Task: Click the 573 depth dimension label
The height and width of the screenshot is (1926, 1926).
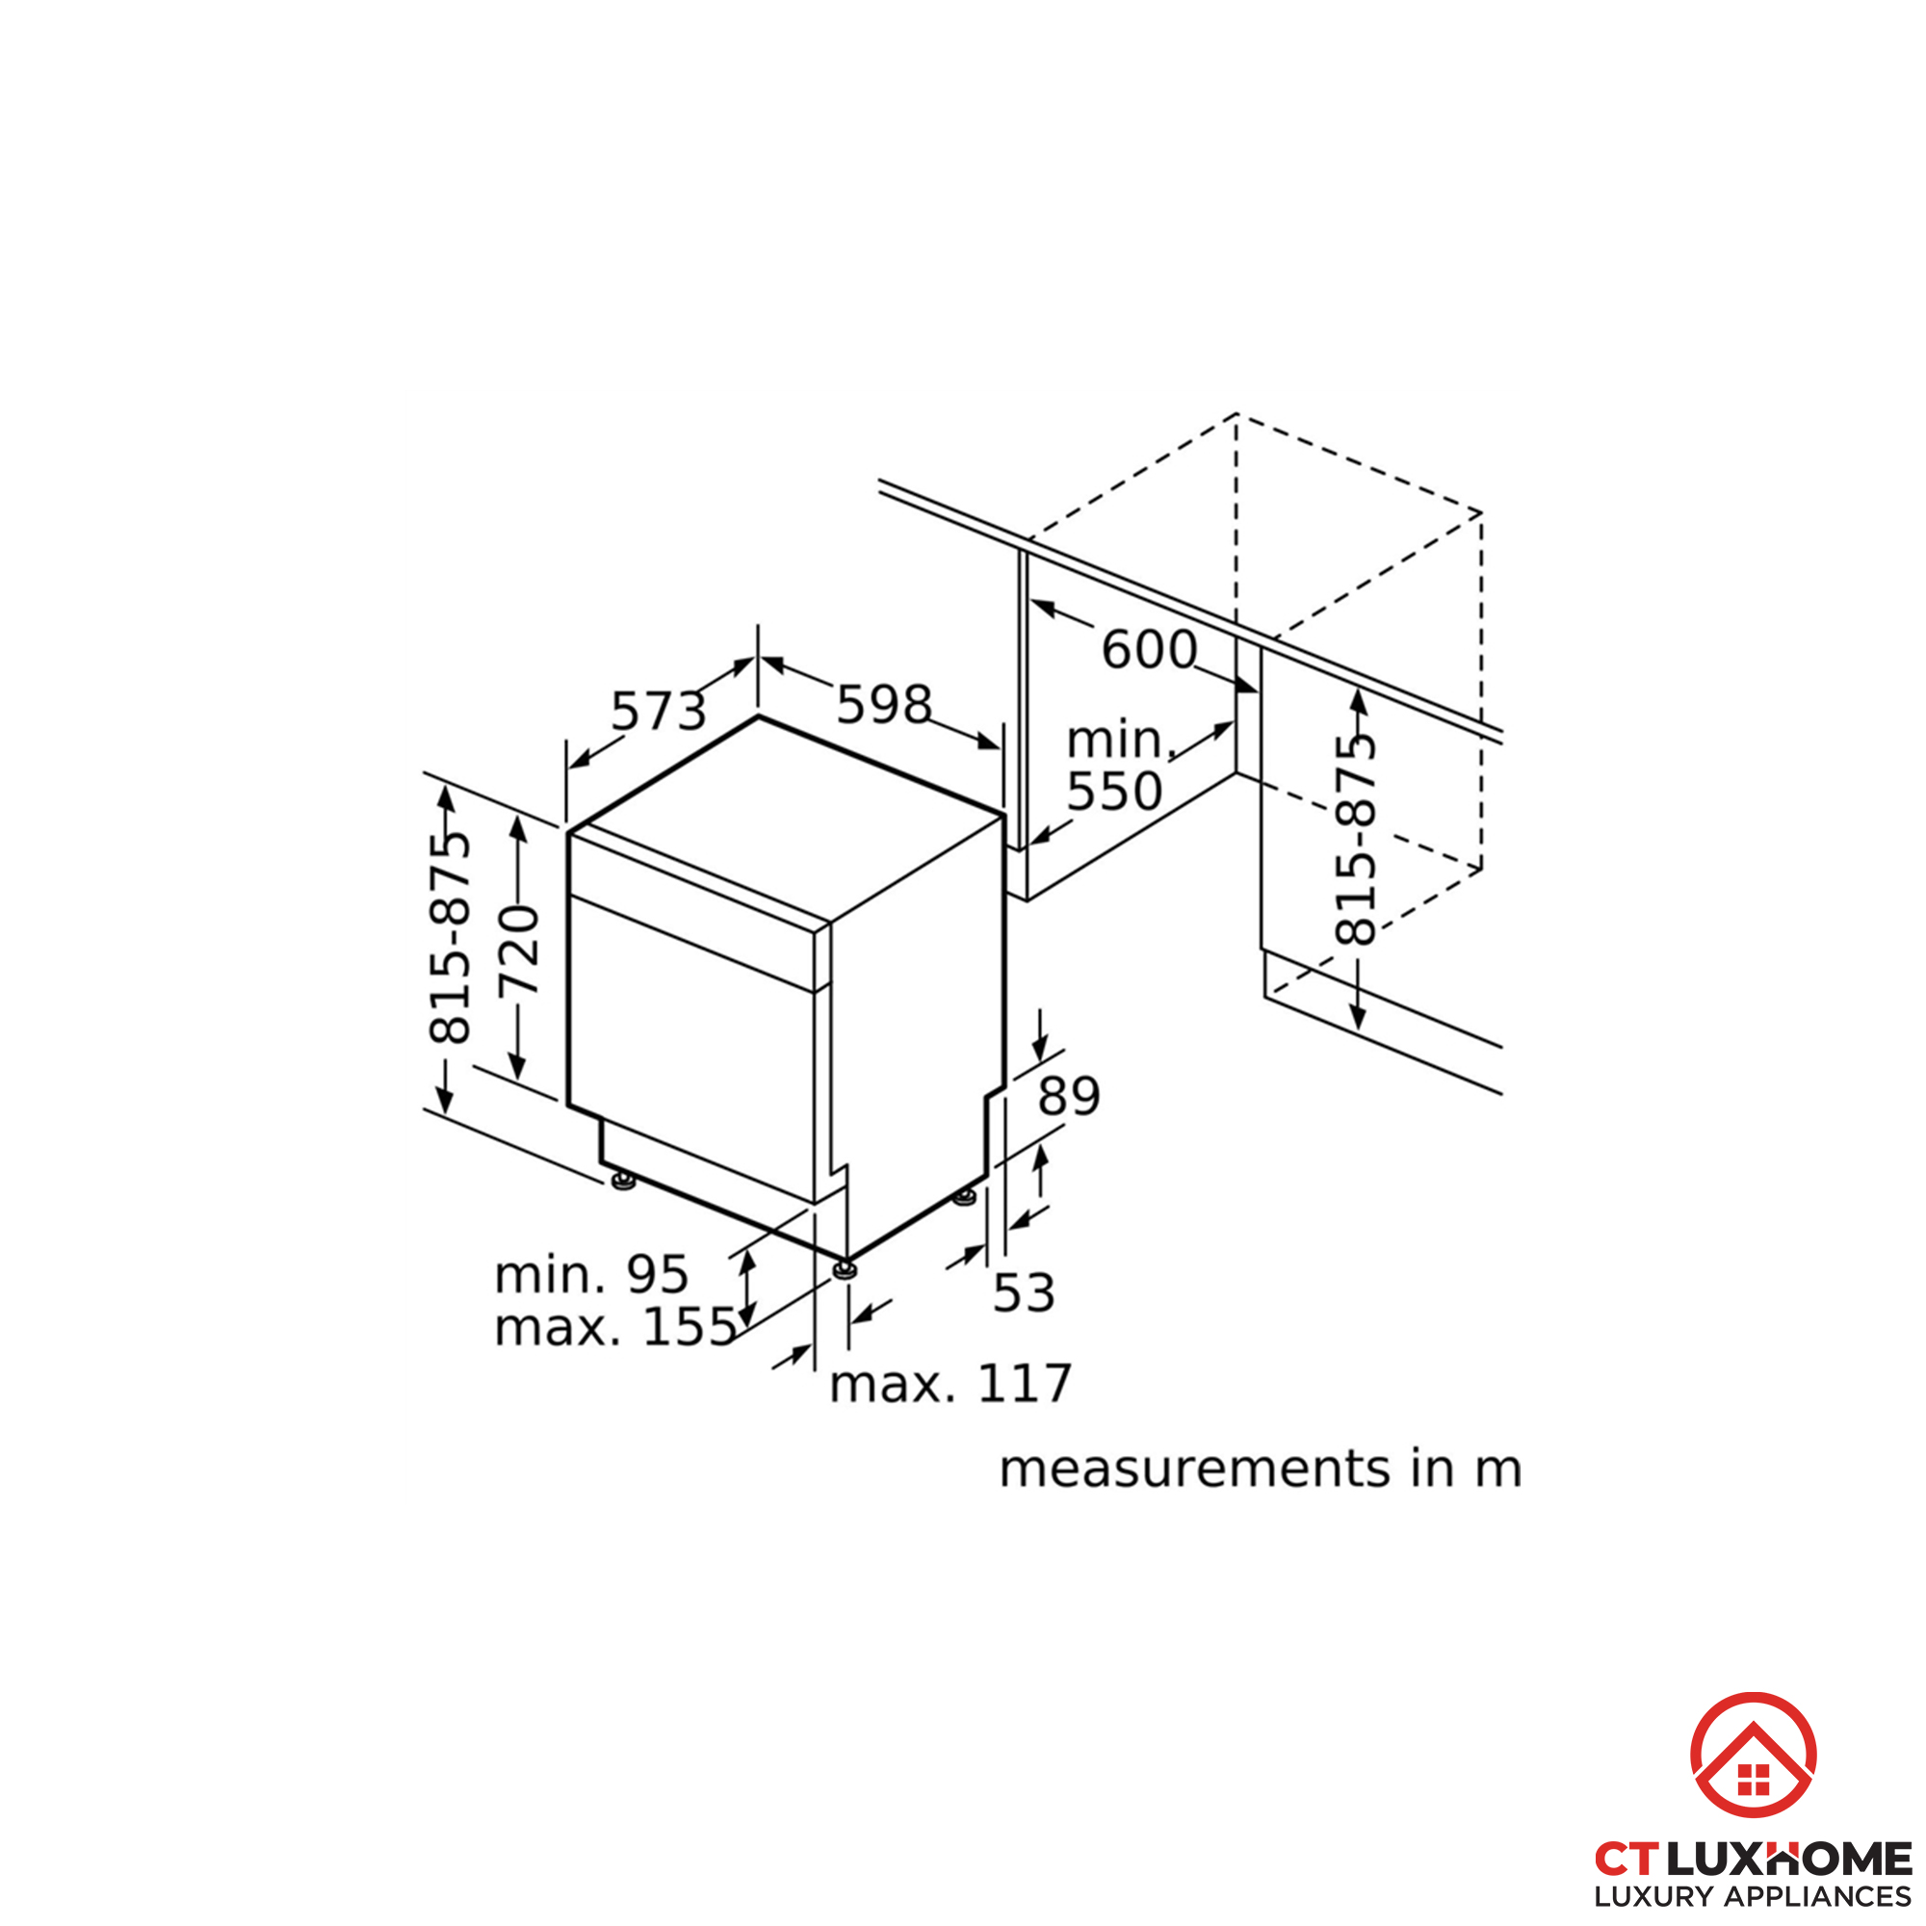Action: (x=658, y=712)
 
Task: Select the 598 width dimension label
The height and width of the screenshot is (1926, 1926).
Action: (x=883, y=705)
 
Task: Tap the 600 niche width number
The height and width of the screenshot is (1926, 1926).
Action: (x=1149, y=650)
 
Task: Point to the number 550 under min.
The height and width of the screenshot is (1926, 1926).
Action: (x=1114, y=792)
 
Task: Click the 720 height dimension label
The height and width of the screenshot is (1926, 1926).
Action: (x=518, y=950)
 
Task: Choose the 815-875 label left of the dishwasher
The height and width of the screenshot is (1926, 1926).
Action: (x=450, y=937)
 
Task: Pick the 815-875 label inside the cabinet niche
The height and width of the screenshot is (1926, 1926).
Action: (x=1355, y=840)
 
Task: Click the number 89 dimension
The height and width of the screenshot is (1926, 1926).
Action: (x=1069, y=1097)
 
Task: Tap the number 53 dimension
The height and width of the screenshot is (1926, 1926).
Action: (x=1024, y=1293)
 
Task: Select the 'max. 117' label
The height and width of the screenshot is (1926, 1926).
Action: (x=950, y=1384)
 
